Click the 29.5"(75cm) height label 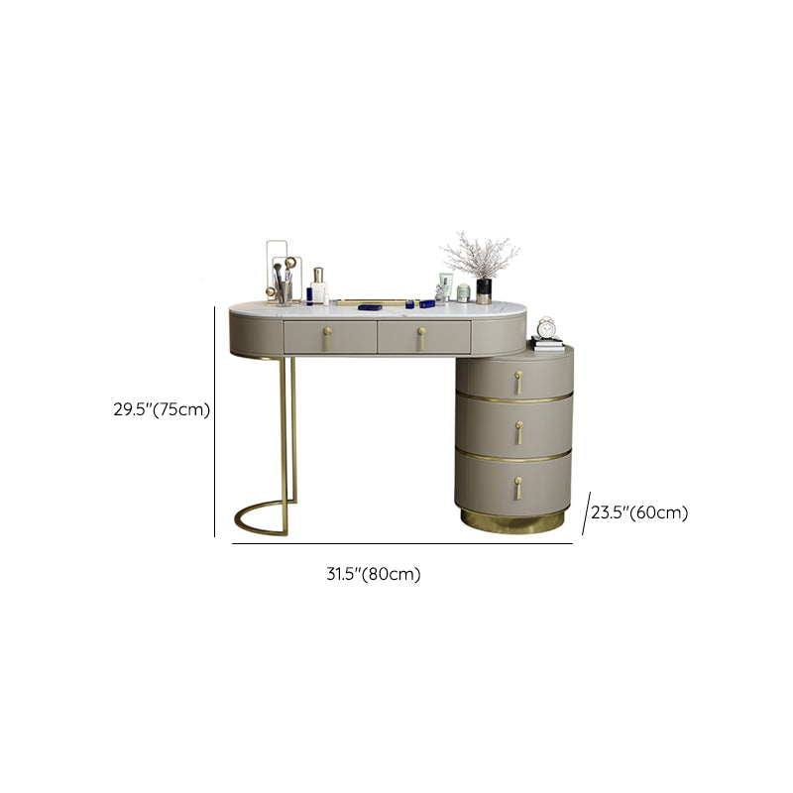[162, 409]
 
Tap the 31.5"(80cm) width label [374, 574]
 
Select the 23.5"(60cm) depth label [639, 512]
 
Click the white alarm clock [546, 328]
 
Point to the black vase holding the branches [484, 290]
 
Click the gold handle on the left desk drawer [328, 338]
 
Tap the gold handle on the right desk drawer [422, 338]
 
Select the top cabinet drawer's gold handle [518, 382]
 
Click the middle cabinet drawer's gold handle [518, 433]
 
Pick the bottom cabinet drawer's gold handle [518, 488]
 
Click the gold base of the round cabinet [512, 522]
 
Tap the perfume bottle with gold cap [318, 285]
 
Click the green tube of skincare [446, 286]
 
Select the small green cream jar [463, 293]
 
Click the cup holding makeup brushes [283, 293]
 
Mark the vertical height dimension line [214, 421]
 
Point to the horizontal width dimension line [402, 543]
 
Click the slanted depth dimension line [586, 512]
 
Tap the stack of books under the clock [547, 344]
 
